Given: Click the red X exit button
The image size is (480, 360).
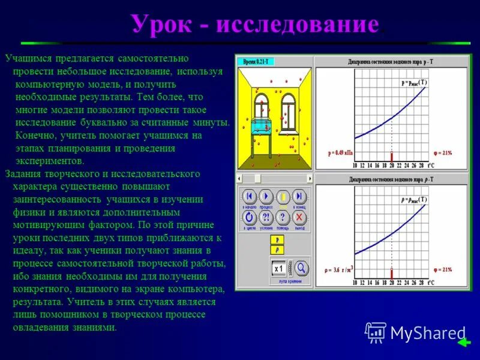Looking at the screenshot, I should pos(299,217).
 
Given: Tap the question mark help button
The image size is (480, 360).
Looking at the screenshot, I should pos(282,217).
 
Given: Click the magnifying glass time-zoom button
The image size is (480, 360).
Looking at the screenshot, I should pos(301,268).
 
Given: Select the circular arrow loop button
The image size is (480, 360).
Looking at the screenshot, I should pos(248,217).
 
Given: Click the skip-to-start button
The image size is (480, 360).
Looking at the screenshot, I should pos(248,197).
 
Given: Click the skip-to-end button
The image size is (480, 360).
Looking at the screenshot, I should pos(299,197).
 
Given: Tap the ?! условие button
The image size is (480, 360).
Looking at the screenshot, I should pos(266,217).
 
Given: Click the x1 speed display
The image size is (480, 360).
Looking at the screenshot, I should pos(278,268).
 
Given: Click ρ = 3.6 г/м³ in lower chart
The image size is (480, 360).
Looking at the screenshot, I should pos(340,269).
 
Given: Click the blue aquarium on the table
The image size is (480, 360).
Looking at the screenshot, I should pos(260,125).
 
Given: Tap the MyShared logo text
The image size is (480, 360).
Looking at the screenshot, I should pos(427,332).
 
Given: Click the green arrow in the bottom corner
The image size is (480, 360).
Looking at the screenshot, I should pos(463,343).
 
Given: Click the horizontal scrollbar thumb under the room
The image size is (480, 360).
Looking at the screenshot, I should pos(257,178).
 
